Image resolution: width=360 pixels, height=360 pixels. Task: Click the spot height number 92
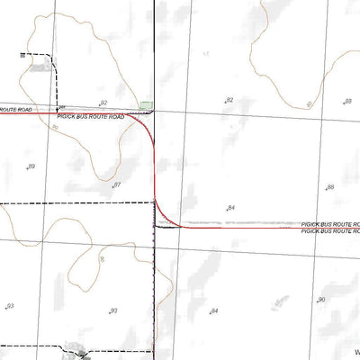(103, 103)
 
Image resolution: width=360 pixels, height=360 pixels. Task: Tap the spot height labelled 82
(229, 100)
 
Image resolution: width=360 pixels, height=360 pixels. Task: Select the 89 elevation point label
(31, 167)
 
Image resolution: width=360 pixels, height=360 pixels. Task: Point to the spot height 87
(117, 184)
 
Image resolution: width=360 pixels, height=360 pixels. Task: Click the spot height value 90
(321, 300)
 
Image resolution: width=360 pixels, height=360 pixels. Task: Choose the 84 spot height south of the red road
(214, 310)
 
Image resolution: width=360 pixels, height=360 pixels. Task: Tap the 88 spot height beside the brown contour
(347, 102)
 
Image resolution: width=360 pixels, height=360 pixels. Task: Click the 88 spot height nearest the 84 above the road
(330, 187)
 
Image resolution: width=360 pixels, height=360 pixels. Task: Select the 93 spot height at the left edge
(10, 307)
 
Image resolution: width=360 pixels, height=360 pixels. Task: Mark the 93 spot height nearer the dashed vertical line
(113, 310)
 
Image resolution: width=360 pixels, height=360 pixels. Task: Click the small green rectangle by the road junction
(147, 106)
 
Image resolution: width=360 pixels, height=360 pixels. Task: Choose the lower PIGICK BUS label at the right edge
(330, 231)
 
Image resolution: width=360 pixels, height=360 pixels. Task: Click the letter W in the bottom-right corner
(355, 352)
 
